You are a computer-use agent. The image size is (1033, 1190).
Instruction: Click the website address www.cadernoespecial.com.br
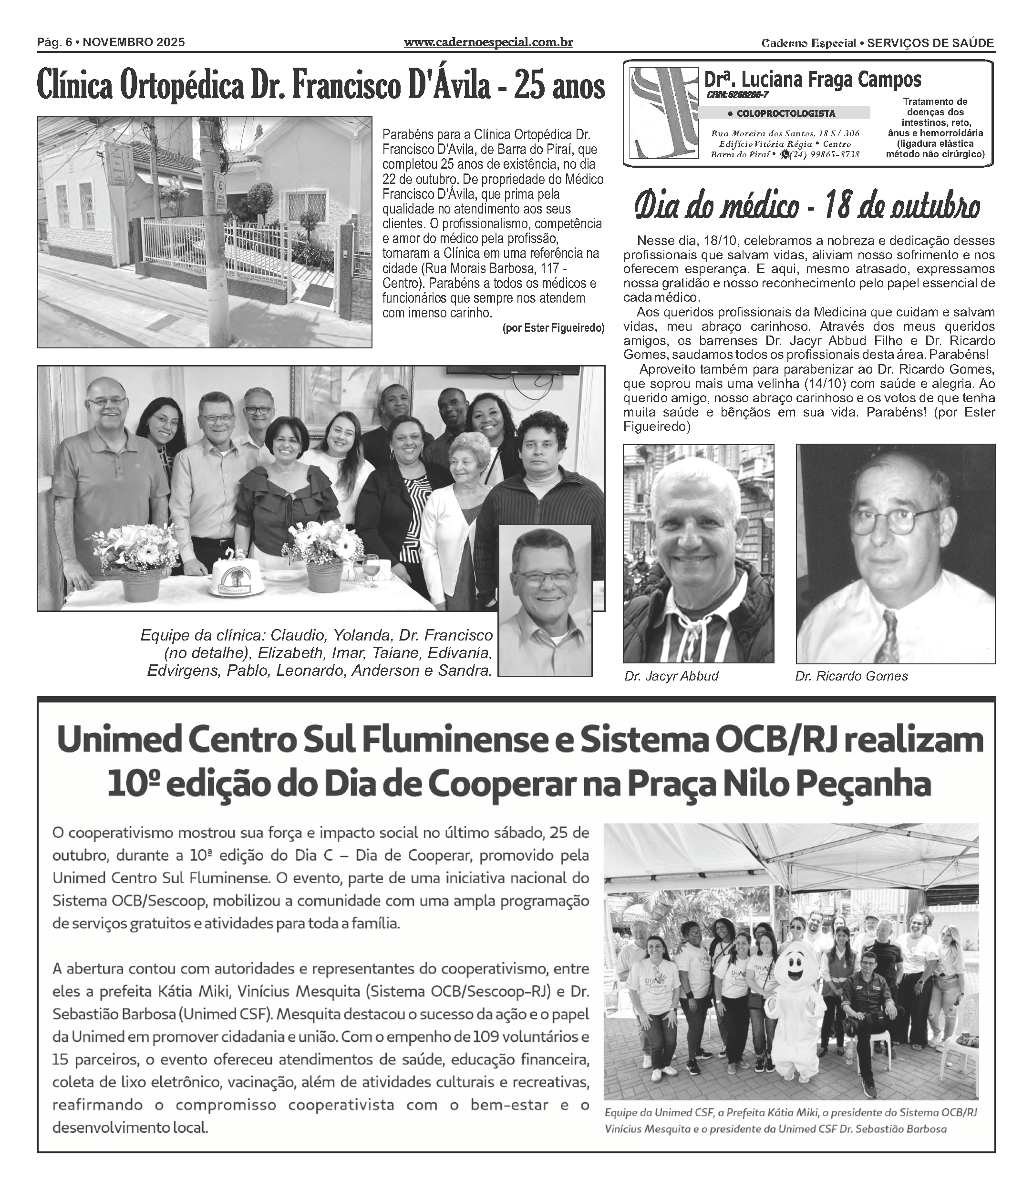[x=488, y=42]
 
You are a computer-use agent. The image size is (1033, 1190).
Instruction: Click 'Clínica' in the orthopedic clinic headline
[x=75, y=86]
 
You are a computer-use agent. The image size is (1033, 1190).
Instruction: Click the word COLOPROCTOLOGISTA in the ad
[x=785, y=113]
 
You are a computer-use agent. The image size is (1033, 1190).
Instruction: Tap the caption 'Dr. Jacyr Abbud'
[x=671, y=676]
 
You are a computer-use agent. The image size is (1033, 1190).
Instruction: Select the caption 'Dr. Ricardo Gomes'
[x=851, y=676]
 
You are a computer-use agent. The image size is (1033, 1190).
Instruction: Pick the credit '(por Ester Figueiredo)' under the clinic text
[x=553, y=328]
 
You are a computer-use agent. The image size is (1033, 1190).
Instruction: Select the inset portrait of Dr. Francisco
[x=545, y=600]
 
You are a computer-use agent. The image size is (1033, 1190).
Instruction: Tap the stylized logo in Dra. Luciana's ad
[x=663, y=113]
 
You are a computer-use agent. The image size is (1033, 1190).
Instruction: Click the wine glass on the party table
[x=370, y=567]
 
